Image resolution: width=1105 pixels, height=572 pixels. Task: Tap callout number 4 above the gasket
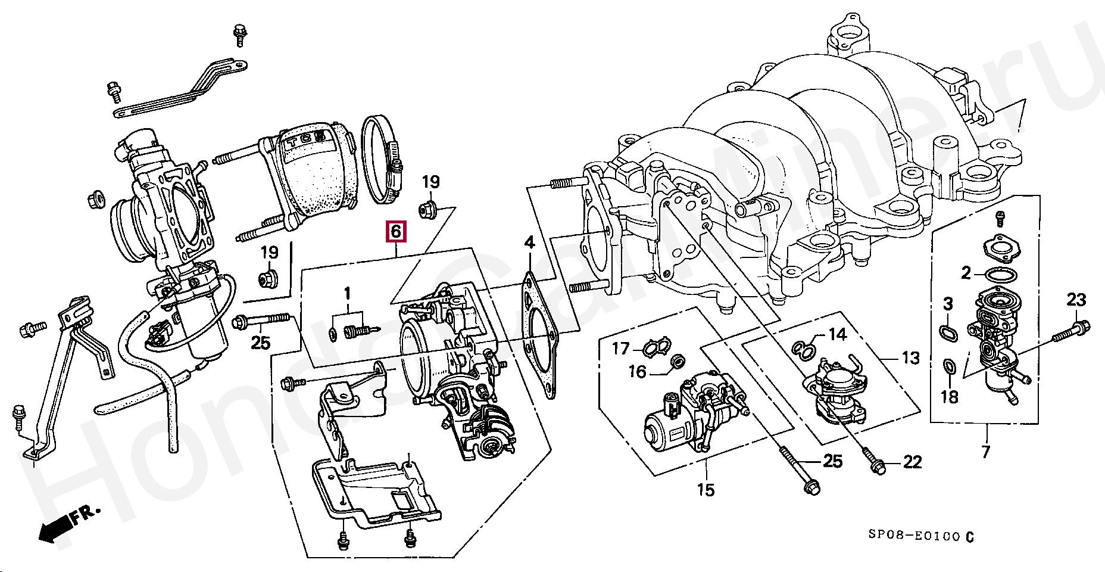529,243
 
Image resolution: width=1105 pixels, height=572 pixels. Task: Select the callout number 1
347,293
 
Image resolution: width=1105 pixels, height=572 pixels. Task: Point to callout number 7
985,452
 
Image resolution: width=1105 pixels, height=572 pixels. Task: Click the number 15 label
706,490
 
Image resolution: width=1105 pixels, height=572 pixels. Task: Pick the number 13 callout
911,358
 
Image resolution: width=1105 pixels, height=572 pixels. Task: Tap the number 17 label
621,348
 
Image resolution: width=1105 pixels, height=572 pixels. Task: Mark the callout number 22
912,462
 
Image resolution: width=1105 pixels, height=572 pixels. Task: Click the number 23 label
1076,300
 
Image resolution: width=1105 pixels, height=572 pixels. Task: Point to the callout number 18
949,396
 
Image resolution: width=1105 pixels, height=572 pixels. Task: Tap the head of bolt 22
877,469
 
